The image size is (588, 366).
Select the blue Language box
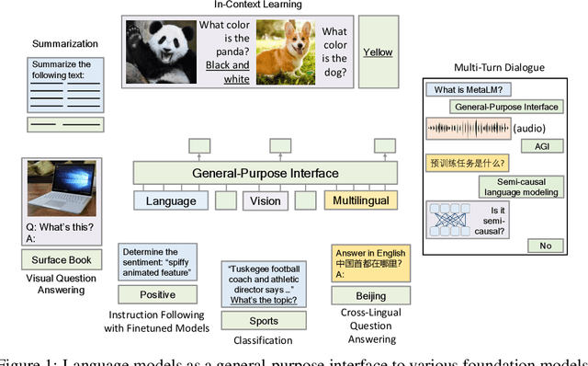click(x=170, y=200)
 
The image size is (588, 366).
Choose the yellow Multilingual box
click(x=360, y=200)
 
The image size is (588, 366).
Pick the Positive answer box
click(x=157, y=295)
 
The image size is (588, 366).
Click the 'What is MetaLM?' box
click(x=460, y=89)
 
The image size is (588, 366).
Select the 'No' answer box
click(x=545, y=246)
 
